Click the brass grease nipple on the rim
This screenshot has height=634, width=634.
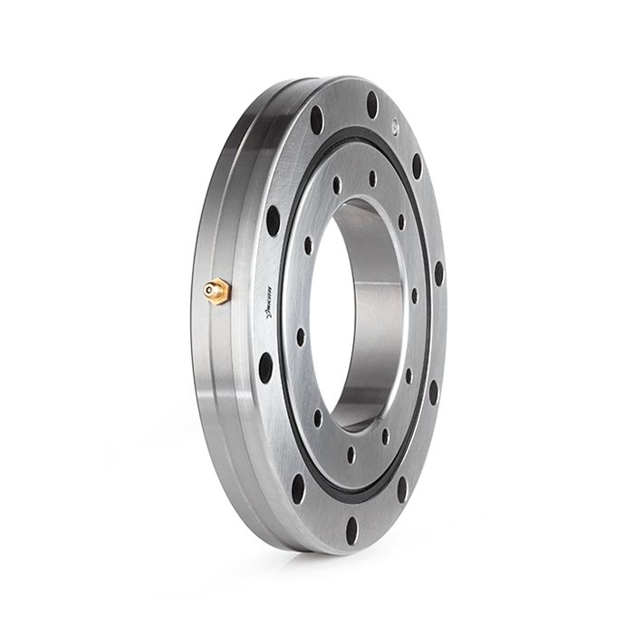pyautogui.click(x=216, y=291)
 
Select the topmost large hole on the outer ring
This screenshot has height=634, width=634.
pyautogui.click(x=371, y=105)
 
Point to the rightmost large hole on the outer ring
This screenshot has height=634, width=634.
pyautogui.click(x=439, y=273)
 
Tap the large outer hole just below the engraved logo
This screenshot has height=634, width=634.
pyautogui.click(x=265, y=368)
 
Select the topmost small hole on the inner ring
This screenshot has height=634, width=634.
pyautogui.click(x=372, y=178)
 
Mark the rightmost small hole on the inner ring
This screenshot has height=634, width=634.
pyautogui.click(x=415, y=295)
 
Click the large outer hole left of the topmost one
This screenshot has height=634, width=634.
pyautogui.click(x=316, y=120)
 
